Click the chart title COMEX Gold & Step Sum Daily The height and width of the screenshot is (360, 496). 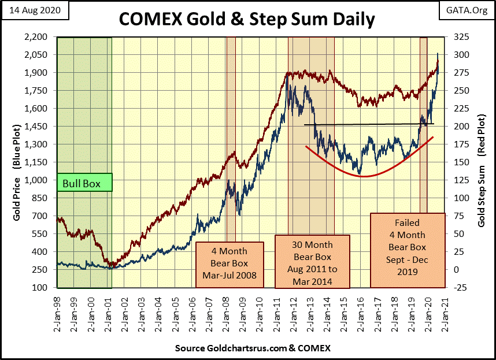247,18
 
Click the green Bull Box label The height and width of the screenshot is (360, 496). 84,184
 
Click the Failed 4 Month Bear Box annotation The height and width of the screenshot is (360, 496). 408,250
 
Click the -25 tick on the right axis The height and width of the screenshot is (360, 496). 457,287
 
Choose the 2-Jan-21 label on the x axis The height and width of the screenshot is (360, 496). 444,311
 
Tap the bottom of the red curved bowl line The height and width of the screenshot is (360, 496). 363,176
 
